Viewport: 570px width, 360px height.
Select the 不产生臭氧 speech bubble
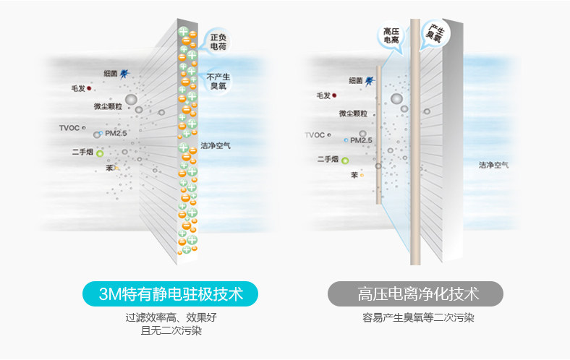tap(219, 81)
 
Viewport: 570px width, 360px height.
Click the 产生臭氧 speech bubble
tap(434, 31)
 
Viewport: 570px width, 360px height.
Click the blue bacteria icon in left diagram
tap(124, 73)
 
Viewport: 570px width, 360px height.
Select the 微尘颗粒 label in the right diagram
tap(354, 113)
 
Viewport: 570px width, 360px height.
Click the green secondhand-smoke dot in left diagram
tap(100, 153)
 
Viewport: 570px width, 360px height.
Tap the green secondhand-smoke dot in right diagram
tap(345, 160)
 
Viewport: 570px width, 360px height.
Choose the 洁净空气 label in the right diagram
tap(493, 166)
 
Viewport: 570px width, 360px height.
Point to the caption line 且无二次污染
tap(171, 330)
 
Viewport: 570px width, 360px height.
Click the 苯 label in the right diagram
tap(354, 175)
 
